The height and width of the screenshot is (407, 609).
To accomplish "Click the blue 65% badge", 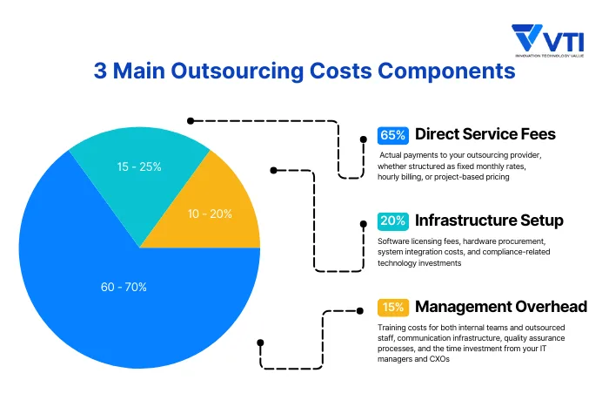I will (392, 135).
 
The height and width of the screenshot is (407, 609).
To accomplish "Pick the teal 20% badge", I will (392, 220).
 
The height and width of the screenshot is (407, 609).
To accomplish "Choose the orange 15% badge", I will (392, 307).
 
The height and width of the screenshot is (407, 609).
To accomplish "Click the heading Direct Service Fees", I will (485, 134).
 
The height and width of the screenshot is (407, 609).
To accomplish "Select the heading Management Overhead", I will (500, 306).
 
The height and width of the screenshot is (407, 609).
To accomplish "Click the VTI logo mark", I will (529, 37).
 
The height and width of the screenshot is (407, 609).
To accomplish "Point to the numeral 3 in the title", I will (101, 71).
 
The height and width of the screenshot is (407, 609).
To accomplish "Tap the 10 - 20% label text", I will (210, 213).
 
